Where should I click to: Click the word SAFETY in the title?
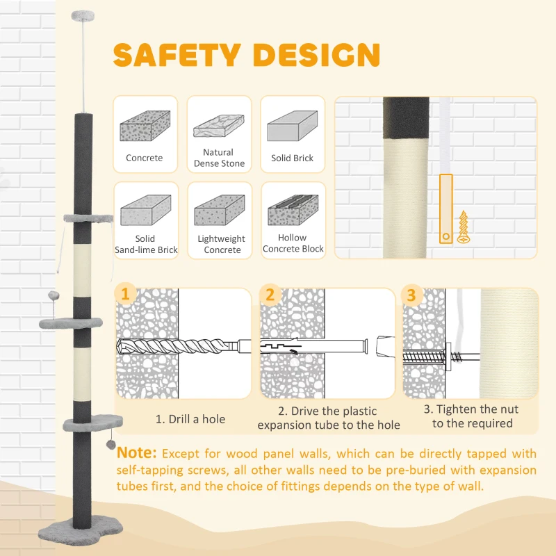point(177,55)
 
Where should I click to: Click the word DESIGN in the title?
point(317,55)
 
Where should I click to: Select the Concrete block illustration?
point(145,126)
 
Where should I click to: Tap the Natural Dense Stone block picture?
point(219,126)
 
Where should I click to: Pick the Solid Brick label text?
point(292,158)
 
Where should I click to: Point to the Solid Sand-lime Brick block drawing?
point(146,210)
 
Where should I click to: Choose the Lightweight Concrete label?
point(222,244)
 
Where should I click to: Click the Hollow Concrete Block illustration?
point(293,210)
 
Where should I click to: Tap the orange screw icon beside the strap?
point(463,227)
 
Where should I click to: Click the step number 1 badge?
point(125,294)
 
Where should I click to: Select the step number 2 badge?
point(270,295)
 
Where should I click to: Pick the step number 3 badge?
point(411,295)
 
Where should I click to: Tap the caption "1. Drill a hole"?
point(190,419)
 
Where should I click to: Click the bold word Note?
point(136,453)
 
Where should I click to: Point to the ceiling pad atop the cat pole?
point(83,15)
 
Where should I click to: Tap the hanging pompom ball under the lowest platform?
point(111,445)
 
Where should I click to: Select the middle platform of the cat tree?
point(71,322)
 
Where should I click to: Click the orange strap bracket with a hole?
point(446,208)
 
